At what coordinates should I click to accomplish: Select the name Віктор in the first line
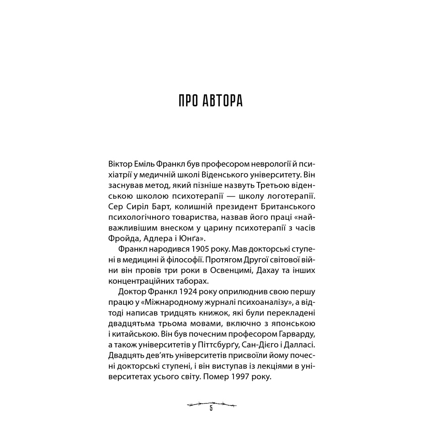point(120,163)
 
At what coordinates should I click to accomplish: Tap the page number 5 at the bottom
point(211,408)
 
